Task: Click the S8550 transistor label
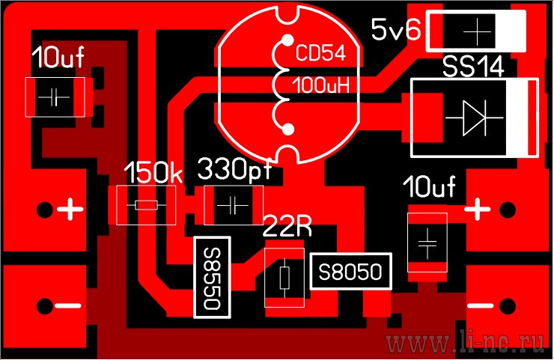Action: point(213,278)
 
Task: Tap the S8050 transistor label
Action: point(350,272)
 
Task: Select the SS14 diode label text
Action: point(473,67)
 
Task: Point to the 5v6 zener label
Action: point(396,29)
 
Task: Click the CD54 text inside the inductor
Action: point(320,53)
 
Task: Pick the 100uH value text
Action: point(321,85)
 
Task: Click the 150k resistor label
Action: point(153,173)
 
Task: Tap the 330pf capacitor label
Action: point(234,169)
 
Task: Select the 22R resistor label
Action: point(287,227)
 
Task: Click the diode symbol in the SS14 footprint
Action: point(475,118)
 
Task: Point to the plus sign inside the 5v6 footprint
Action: point(477,32)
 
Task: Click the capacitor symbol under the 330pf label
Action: point(233,205)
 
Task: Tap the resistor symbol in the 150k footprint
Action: point(146,205)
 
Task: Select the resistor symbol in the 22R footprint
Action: point(284,278)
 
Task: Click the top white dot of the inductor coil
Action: point(288,40)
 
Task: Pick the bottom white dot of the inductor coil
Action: point(288,129)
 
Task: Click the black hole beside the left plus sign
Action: point(45,210)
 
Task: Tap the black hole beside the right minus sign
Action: point(508,306)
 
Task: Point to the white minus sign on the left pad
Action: point(68,306)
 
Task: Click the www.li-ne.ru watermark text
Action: point(465,342)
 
